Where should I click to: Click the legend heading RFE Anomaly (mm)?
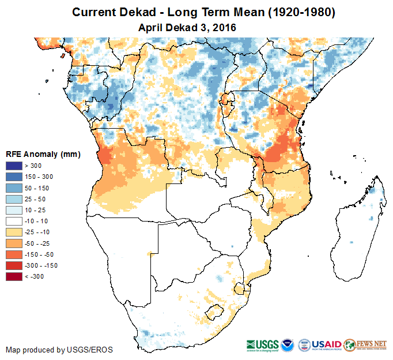click(x=43, y=154)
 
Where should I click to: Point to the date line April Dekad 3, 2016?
click(x=187, y=27)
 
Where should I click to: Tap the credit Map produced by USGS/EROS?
click(x=59, y=350)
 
